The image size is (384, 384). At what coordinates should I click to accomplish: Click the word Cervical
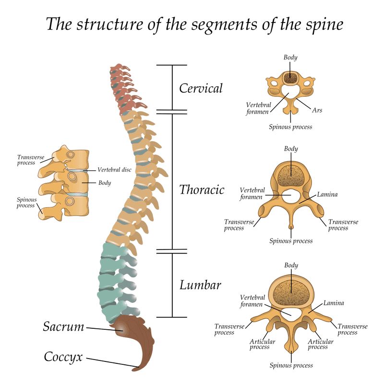[201, 88]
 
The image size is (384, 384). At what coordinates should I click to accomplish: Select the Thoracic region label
[202, 190]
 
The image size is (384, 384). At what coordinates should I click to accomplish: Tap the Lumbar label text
[200, 285]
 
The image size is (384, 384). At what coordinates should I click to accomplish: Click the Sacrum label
[63, 327]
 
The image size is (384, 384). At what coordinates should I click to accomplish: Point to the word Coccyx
[63, 357]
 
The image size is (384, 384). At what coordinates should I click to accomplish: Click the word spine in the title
[322, 24]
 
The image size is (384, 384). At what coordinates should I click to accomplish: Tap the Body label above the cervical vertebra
[290, 58]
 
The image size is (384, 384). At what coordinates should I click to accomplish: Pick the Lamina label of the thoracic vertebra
[327, 195]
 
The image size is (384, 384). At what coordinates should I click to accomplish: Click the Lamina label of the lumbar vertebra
[333, 303]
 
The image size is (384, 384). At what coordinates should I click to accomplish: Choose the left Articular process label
[262, 344]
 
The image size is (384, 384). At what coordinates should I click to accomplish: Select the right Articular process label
[320, 344]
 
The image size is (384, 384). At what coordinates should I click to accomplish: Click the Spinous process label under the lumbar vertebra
[291, 366]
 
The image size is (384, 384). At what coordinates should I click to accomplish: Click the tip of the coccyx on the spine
[136, 369]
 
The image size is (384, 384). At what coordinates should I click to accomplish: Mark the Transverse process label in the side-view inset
[26, 160]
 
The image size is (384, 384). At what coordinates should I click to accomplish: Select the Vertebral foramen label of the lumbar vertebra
[252, 301]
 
